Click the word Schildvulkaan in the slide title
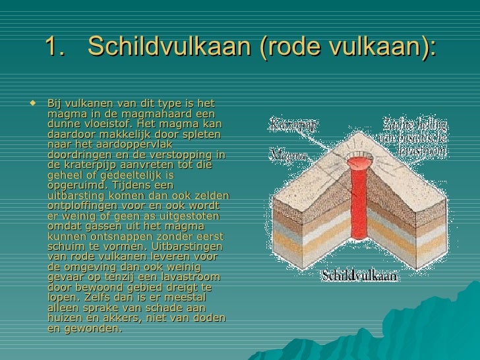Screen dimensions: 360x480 pos(167,46)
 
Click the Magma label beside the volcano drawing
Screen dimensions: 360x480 pos(288,156)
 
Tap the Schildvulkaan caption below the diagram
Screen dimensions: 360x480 pos(359,276)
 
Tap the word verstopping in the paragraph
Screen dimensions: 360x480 pos(173,155)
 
